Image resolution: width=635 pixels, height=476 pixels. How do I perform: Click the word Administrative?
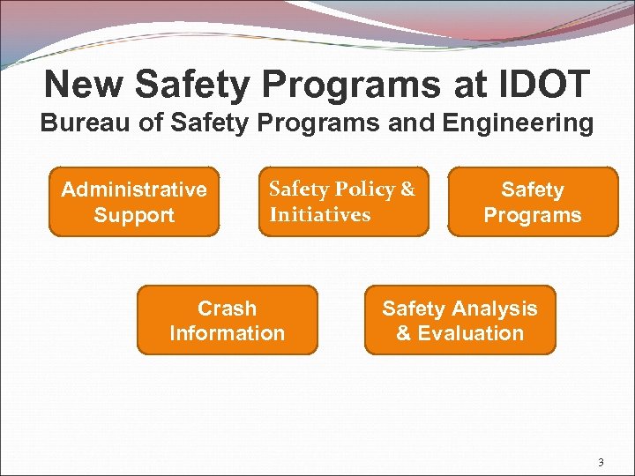(134, 190)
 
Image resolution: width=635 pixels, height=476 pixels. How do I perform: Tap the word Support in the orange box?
(134, 215)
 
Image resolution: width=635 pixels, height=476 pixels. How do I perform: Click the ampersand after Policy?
(407, 190)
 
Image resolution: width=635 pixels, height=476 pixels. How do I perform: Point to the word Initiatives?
(320, 215)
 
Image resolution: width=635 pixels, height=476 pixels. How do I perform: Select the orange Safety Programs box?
(533, 203)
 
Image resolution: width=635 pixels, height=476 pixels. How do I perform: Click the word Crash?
(227, 309)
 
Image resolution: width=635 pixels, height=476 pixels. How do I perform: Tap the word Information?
(227, 333)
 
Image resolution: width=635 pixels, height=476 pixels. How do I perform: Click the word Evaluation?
(472, 333)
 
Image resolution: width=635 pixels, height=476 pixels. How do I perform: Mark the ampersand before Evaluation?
(403, 333)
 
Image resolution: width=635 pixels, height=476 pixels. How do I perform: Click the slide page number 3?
(601, 462)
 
